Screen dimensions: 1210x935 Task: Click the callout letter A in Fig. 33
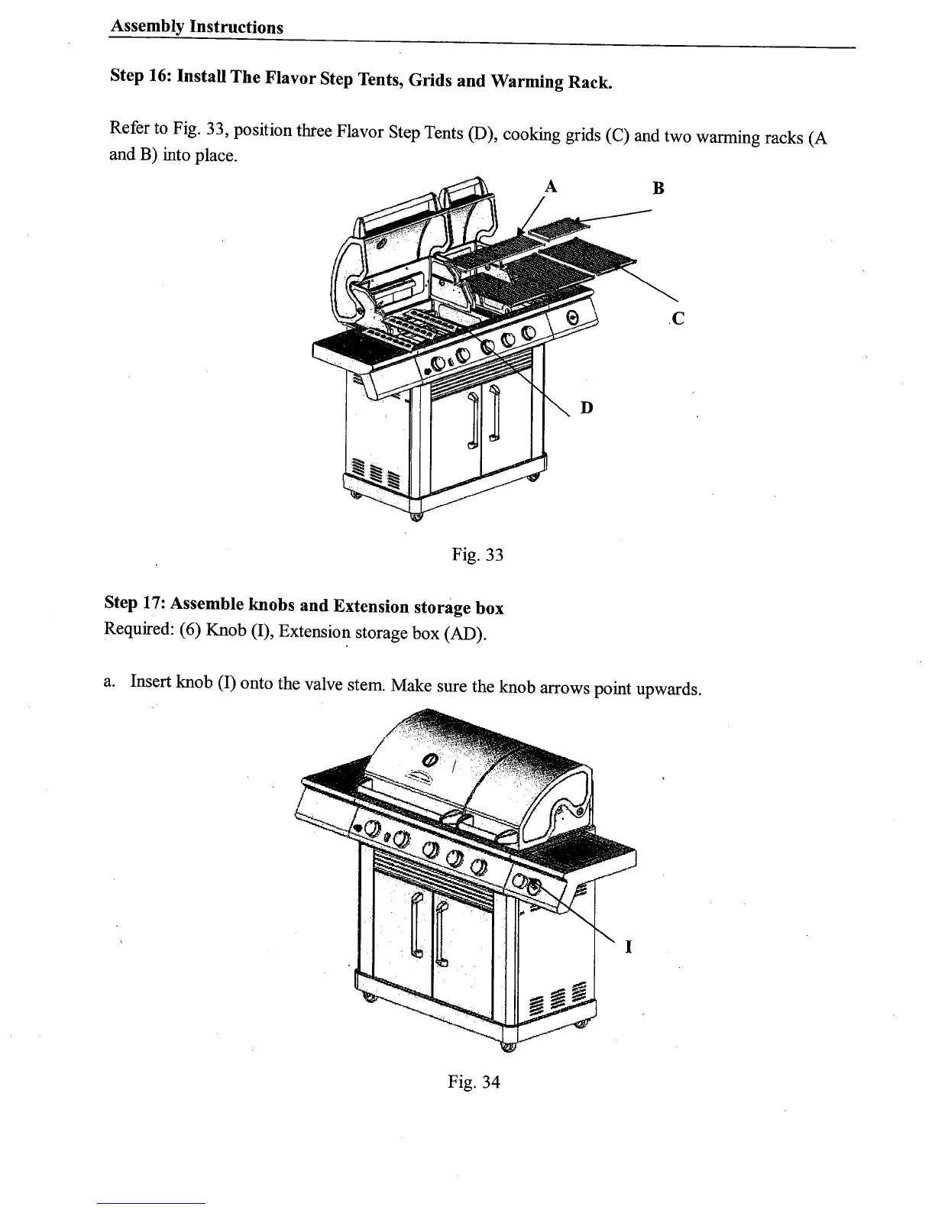tap(549, 185)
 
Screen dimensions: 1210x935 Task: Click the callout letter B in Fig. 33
tap(659, 188)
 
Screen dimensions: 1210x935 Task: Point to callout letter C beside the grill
tap(678, 319)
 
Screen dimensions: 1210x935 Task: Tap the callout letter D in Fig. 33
tap(587, 408)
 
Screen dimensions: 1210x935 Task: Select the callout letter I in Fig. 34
tap(628, 947)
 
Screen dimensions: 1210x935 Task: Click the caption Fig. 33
tap(478, 555)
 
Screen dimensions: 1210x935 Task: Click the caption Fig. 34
tap(474, 1082)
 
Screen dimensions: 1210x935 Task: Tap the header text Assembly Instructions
tap(197, 27)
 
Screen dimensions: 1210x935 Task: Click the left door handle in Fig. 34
tap(416, 926)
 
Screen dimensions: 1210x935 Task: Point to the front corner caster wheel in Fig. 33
tap(416, 517)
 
